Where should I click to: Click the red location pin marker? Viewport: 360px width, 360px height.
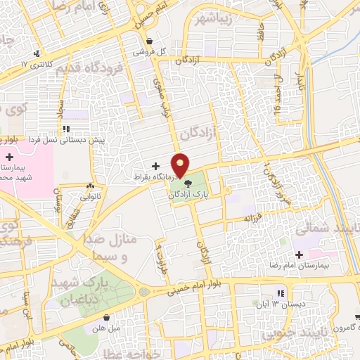click(x=181, y=165)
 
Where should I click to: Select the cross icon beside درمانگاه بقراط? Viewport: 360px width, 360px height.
click(x=155, y=166)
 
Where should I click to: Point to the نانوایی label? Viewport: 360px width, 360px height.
click(x=90, y=198)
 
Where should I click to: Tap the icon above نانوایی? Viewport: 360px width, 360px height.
click(x=90, y=187)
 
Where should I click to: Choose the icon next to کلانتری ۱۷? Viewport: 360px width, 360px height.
click(x=37, y=53)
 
